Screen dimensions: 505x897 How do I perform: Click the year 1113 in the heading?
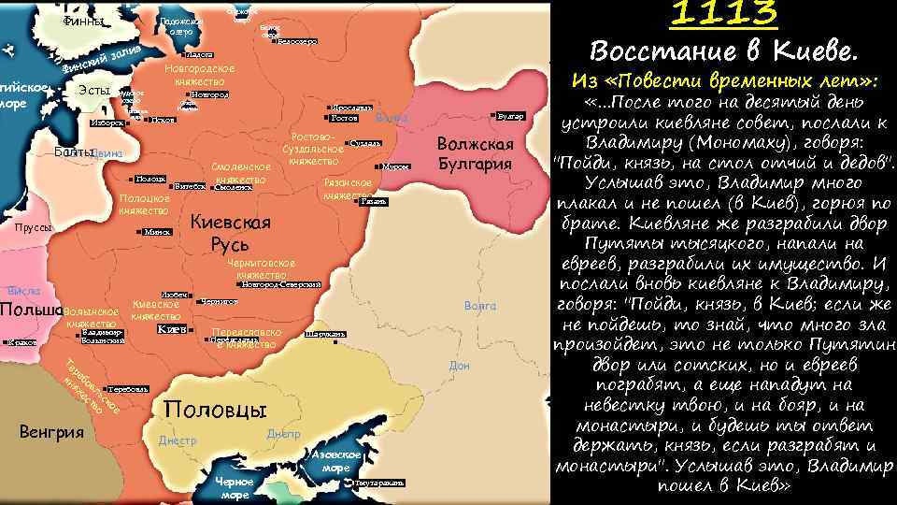click(724, 14)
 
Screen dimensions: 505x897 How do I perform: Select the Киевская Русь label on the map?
click(230, 232)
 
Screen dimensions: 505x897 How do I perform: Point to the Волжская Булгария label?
click(476, 154)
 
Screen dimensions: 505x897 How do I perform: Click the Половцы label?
click(215, 410)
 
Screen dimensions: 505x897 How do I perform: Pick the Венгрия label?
click(52, 431)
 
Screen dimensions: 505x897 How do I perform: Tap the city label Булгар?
click(511, 115)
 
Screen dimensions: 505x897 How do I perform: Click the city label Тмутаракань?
click(379, 483)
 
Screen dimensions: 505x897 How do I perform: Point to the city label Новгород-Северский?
click(281, 284)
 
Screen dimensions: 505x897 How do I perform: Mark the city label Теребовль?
click(126, 387)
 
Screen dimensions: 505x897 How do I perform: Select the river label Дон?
click(459, 366)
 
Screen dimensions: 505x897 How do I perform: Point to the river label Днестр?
click(178, 440)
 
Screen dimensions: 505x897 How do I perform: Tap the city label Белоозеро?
click(300, 42)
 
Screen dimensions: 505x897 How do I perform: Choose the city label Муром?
click(396, 166)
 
